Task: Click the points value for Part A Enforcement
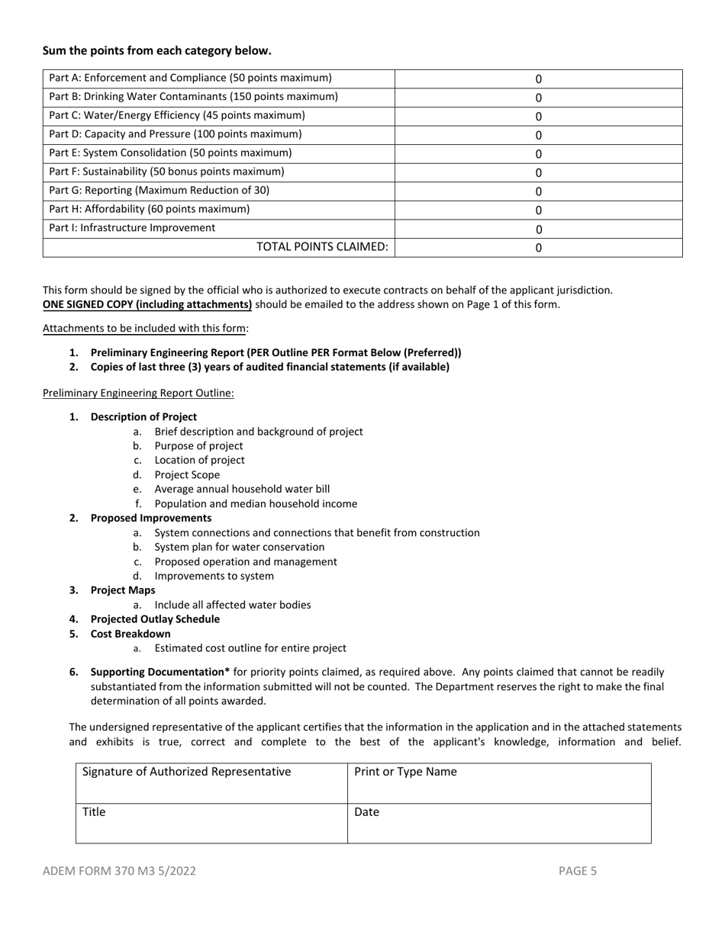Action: pos(538,79)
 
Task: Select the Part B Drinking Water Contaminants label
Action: pos(193,97)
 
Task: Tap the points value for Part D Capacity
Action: pos(538,135)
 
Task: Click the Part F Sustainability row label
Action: pos(166,172)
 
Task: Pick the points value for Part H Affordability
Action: pos(538,210)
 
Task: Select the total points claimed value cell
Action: pos(538,247)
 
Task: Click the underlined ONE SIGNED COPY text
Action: pos(147,304)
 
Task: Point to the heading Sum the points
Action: pos(156,51)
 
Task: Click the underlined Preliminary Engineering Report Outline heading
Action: pos(138,393)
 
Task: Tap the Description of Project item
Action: pos(143,417)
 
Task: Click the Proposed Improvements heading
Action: pos(151,518)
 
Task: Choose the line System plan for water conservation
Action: pos(239,547)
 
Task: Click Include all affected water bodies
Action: pos(232,605)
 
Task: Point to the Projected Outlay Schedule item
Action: pos(155,619)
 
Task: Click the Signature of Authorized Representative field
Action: pos(211,782)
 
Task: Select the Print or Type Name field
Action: pos(499,782)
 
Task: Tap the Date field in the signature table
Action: pos(499,823)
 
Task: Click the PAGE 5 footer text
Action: pos(578,870)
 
